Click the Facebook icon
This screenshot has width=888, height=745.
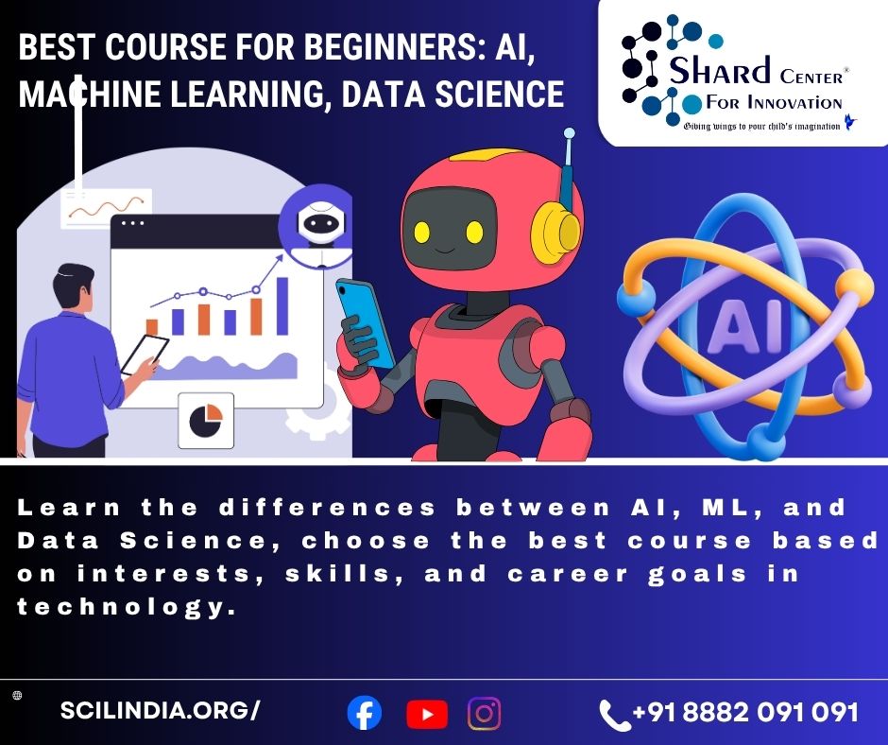coord(364,713)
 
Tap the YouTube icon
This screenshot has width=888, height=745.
coord(427,714)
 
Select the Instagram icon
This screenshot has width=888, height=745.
coord(485,713)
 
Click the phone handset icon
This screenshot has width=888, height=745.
coord(613,715)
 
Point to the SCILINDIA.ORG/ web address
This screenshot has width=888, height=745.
coord(160,710)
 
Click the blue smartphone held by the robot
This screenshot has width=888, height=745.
coord(364,322)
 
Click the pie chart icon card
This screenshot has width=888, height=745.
coord(206,420)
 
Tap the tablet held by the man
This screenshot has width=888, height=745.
coord(145,355)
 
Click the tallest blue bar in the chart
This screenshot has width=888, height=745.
coord(282,306)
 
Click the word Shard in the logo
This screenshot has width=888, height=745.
coord(720,70)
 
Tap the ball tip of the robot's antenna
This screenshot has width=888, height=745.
coord(569,134)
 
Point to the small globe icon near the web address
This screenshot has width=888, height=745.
coord(17,696)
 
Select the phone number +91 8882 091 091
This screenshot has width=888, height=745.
coord(745,712)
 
